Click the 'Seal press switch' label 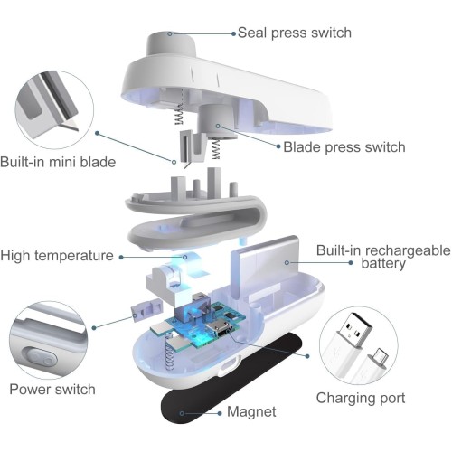point(295,33)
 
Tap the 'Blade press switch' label point(344,147)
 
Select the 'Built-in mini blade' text point(58,162)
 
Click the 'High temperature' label point(57,256)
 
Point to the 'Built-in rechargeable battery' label point(383,257)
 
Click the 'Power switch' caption point(52,389)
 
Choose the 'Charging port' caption point(361,398)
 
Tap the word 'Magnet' point(251,411)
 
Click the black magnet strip point(231,378)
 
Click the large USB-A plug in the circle point(352,344)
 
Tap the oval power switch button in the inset point(40,358)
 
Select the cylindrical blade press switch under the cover point(218,122)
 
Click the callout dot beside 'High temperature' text point(121,257)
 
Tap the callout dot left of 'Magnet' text point(220,413)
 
